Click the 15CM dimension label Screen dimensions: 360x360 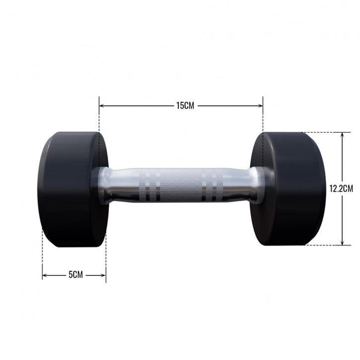pyautogui.click(x=185, y=105)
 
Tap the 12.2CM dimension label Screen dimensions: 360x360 pyautogui.click(x=341, y=188)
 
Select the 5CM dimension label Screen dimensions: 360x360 pyautogui.click(x=75, y=274)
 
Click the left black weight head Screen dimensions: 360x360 pyautogui.click(x=72, y=189)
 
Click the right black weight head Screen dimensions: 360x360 pyautogui.click(x=288, y=188)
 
